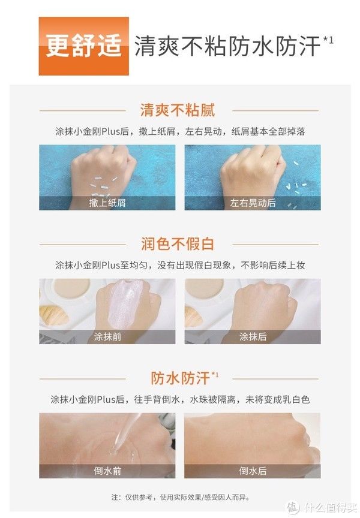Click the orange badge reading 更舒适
tap(84, 46)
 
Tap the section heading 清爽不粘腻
tap(178, 110)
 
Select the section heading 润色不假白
tap(178, 244)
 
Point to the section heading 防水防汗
tap(181, 378)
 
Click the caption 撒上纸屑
tap(107, 203)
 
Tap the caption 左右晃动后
tap(253, 203)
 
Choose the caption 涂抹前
tap(107, 336)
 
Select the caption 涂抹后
tap(253, 336)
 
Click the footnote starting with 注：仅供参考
tap(179, 497)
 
